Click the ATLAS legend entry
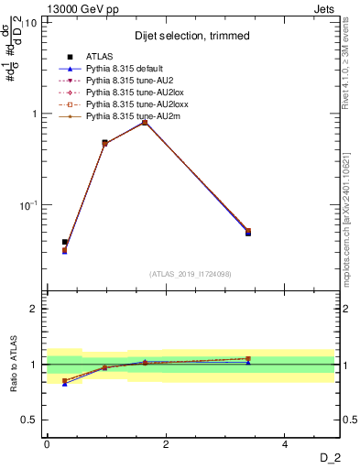click(98, 59)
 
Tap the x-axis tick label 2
click(166, 444)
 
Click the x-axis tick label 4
click(285, 444)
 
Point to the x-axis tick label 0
click(47, 444)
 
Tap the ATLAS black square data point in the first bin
click(65, 242)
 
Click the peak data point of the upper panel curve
click(145, 122)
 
